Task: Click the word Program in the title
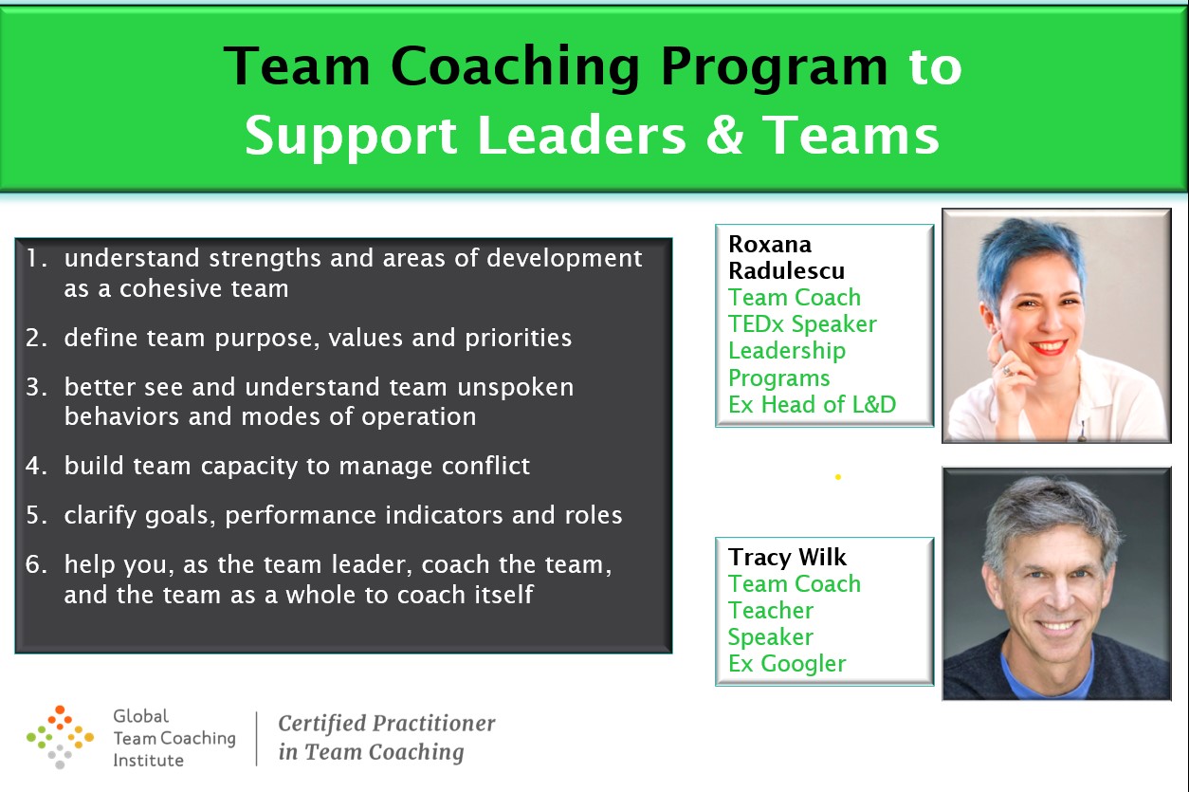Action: (775, 67)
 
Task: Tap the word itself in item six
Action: (503, 594)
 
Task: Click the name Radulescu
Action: (786, 270)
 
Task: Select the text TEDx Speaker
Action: (802, 324)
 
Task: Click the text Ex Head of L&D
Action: (813, 404)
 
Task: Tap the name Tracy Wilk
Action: (787, 558)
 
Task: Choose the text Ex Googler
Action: (787, 664)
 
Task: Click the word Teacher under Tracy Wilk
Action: (770, 611)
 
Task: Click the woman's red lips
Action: (1048, 346)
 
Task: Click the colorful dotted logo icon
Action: (60, 737)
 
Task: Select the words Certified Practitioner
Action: (387, 723)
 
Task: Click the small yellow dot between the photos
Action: (838, 477)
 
